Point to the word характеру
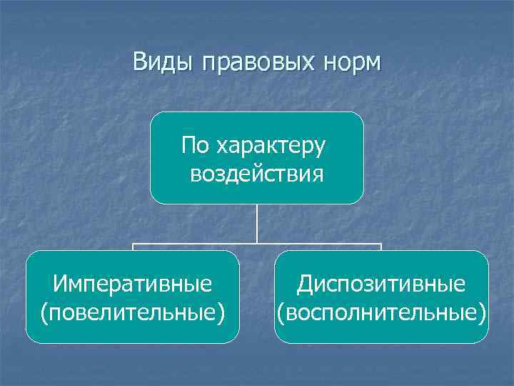click(271, 147)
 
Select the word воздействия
click(257, 174)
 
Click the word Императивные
click(132, 284)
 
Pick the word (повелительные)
click(132, 312)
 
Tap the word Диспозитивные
click(382, 284)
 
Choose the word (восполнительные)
click(382, 312)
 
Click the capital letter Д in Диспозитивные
click(305, 284)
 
